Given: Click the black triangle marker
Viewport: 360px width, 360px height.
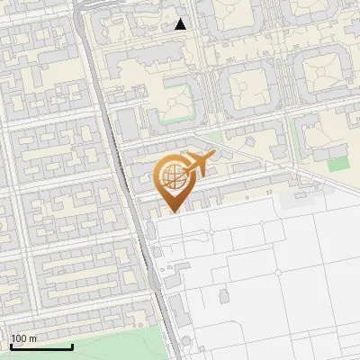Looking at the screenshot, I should click(x=181, y=24).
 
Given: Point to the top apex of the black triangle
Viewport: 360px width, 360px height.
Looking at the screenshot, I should click(x=181, y=19).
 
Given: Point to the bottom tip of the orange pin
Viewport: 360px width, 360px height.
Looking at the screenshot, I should click(x=173, y=213).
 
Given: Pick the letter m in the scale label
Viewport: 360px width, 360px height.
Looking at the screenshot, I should click(x=34, y=338).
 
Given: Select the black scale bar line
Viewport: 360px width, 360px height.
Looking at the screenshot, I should click(x=41, y=346).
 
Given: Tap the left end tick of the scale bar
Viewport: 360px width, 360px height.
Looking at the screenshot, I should click(x=11, y=345).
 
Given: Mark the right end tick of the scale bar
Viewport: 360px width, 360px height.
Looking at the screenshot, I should click(x=72, y=345).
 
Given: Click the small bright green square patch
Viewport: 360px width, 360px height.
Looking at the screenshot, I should click(x=337, y=164).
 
